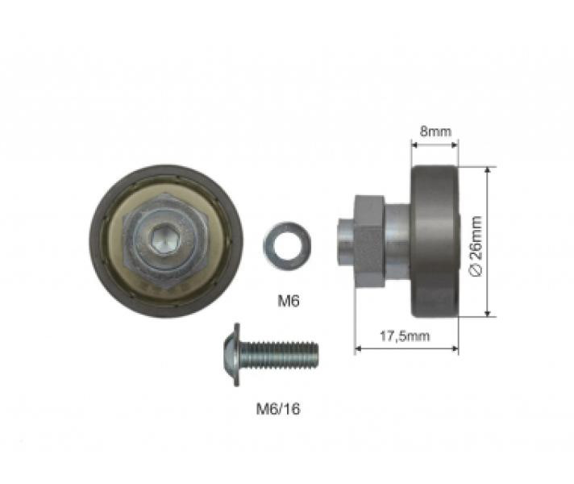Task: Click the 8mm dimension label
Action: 435,131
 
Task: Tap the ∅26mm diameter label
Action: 476,246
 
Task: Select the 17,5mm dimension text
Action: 405,336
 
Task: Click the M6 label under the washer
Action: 289,301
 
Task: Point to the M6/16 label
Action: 278,408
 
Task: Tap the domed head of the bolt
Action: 231,354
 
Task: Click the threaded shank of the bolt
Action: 279,354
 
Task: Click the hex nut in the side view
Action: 369,241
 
